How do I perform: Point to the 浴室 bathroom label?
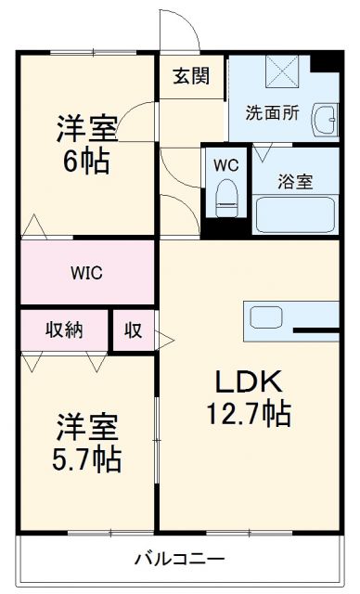(294, 182)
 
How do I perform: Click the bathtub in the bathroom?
(296, 213)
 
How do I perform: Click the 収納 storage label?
(64, 329)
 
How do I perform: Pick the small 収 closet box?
(134, 330)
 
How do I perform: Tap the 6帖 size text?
(86, 161)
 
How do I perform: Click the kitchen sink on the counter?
(266, 317)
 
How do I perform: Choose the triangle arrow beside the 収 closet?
(162, 338)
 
